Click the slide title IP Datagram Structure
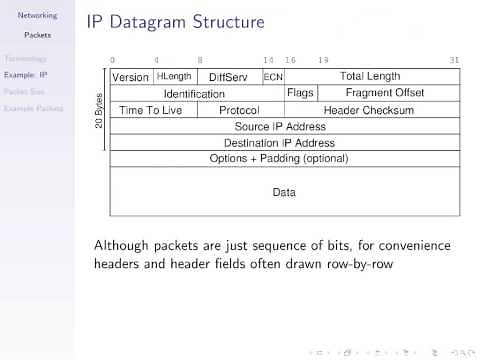[175, 21]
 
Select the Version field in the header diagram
[130, 76]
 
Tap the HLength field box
[174, 76]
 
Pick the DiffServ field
[228, 76]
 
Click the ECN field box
[273, 76]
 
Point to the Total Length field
[370, 76]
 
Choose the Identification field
[194, 93]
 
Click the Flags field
[300, 93]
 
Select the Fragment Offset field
[384, 93]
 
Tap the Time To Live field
[150, 110]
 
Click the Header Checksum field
[369, 110]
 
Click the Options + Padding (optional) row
[279, 159]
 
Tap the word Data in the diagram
[284, 192]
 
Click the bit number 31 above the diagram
[455, 60]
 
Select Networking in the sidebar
[37, 16]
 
